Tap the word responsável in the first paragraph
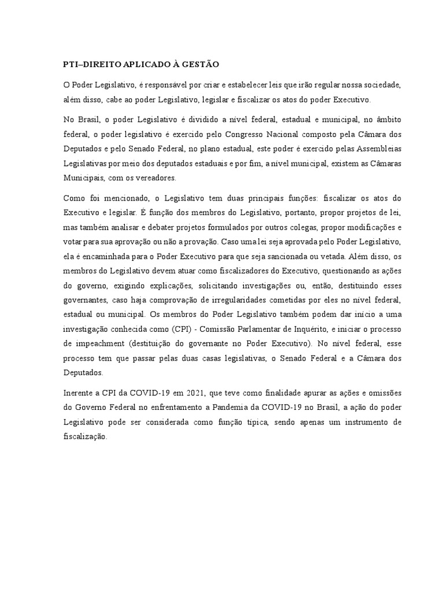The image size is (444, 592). [x=165, y=85]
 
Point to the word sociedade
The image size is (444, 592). [x=376, y=85]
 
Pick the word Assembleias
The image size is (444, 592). [x=374, y=149]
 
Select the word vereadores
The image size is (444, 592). [x=156, y=177]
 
